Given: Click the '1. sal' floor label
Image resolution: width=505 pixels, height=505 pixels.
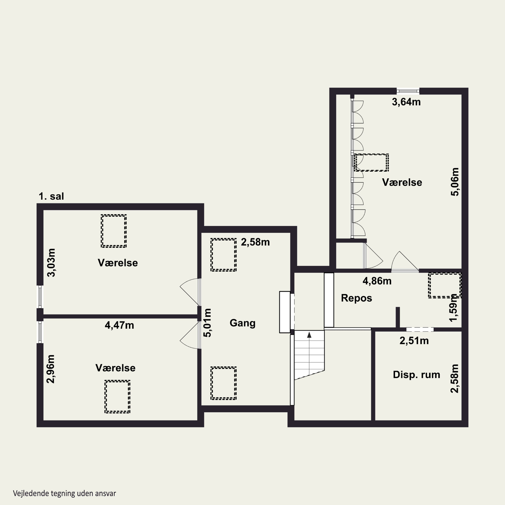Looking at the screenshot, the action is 51,196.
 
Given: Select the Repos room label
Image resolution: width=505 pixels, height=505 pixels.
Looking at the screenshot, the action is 357,298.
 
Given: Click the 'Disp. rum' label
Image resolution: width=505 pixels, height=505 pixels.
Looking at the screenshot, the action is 417,375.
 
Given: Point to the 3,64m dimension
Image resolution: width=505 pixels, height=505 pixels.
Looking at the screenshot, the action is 406,102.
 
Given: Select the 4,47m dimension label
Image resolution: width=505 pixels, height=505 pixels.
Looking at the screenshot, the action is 120,325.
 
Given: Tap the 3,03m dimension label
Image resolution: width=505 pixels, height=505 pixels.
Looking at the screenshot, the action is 51,263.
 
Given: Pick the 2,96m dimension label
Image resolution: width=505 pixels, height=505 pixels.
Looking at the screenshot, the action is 51,369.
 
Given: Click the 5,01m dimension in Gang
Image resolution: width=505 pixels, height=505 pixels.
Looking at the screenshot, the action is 207,323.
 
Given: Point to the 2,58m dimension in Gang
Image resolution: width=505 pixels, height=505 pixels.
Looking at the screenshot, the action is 255,242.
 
